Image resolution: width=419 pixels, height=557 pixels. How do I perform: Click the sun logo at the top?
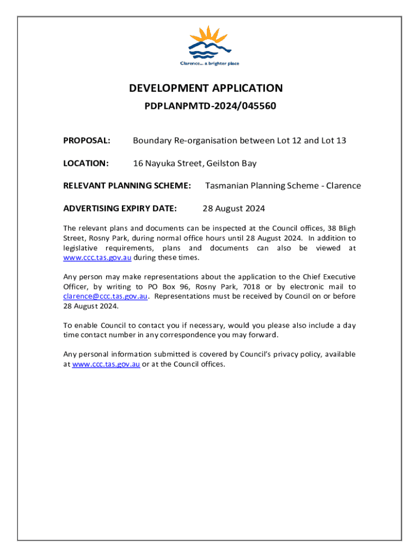[x=209, y=41]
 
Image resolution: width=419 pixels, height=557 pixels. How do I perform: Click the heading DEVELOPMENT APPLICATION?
[x=206, y=88]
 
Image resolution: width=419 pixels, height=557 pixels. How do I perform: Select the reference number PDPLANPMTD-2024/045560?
[x=210, y=106]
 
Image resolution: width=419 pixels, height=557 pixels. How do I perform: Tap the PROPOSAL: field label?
[x=87, y=141]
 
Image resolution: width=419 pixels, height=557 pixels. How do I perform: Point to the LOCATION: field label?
[x=86, y=163]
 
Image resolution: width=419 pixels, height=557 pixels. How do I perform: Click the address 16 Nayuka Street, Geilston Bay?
[x=195, y=163]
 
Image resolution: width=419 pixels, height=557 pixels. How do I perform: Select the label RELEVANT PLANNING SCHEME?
[x=127, y=185]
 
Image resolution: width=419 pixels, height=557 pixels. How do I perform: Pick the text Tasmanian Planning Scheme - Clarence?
[x=282, y=185]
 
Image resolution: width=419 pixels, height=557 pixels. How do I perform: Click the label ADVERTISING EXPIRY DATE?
[x=120, y=208]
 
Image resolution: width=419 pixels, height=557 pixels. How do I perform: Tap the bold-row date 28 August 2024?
[x=233, y=208]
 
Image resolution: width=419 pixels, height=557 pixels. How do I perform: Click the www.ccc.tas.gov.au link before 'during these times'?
[x=97, y=257]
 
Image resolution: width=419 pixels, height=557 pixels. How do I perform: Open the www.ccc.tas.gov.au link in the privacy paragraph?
[x=106, y=364]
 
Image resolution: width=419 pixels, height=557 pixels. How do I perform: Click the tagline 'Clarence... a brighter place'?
[x=209, y=64]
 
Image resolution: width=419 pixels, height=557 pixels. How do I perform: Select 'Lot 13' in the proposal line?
[x=334, y=141]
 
